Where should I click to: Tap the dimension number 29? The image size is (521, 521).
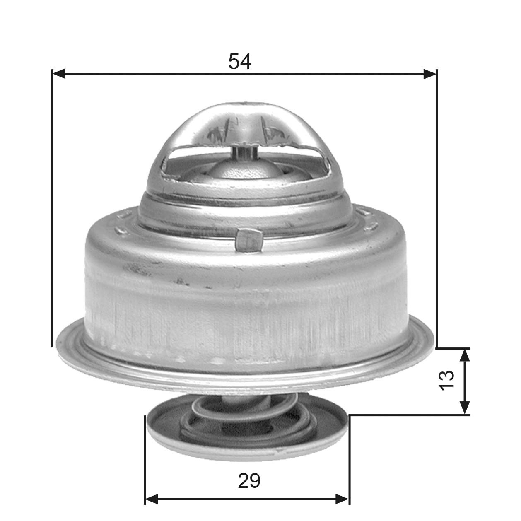[249, 480]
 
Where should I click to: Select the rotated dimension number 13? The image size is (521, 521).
[447, 380]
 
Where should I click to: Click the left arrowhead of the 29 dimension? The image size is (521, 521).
[152, 499]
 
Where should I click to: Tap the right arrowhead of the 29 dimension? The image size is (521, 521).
[343, 499]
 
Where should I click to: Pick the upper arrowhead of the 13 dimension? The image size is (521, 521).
[466, 355]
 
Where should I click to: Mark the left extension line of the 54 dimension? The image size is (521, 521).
[52, 207]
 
